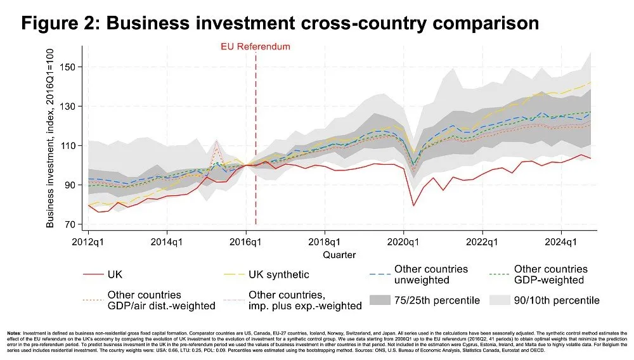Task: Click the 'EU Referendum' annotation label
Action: click(x=255, y=46)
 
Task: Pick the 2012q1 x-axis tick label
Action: click(x=88, y=241)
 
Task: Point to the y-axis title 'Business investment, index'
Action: click(x=51, y=137)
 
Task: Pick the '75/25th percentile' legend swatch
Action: click(x=388, y=300)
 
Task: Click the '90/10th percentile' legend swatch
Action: click(x=507, y=300)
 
